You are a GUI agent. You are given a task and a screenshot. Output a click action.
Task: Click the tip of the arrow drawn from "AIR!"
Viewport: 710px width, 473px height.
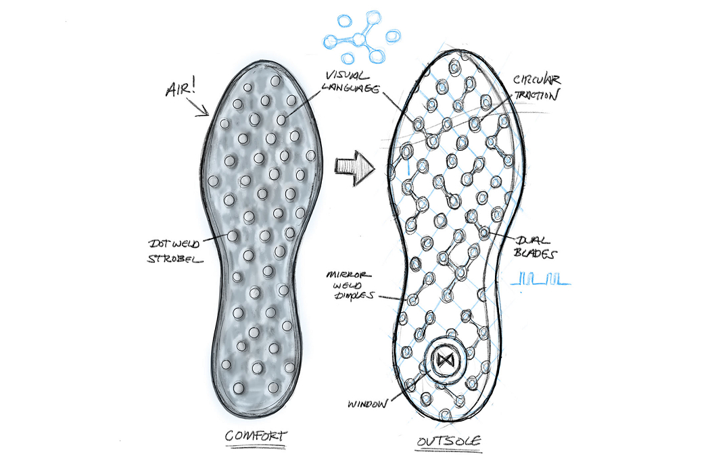(x=208, y=116)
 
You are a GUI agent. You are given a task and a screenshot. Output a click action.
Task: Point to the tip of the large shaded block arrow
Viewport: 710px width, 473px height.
(x=375, y=169)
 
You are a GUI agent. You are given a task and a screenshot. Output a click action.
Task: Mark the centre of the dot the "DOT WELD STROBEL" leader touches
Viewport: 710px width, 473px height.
(x=233, y=236)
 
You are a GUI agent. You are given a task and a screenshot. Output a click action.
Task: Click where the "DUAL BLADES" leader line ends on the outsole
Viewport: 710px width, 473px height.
(x=485, y=233)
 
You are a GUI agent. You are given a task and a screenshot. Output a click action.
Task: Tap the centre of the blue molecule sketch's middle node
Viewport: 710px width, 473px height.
(x=359, y=39)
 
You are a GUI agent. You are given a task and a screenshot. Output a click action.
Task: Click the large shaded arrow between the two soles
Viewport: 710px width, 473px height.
(x=355, y=169)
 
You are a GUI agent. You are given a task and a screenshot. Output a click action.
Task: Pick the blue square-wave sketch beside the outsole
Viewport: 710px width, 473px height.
(x=540, y=279)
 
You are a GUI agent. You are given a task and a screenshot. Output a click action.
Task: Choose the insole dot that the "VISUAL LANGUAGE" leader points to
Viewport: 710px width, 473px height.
(x=282, y=120)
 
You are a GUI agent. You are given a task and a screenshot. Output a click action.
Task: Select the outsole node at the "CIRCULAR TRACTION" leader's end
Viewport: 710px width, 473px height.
(x=475, y=123)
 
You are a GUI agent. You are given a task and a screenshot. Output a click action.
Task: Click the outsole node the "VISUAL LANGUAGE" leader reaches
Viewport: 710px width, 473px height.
(x=419, y=123)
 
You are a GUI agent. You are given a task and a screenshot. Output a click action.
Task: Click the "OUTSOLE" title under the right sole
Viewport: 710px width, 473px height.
(x=449, y=441)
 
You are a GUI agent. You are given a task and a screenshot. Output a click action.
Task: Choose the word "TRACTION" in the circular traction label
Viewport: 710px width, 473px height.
(x=537, y=95)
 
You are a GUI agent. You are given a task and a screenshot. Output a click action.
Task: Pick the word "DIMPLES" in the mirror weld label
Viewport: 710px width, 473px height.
(x=354, y=295)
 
